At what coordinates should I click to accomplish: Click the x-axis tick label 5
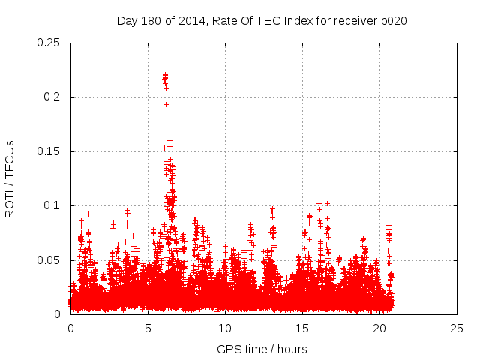[x=148, y=328]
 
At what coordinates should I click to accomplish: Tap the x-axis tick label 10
[x=225, y=328]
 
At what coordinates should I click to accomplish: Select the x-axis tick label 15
[x=302, y=328]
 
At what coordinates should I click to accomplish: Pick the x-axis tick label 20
[x=379, y=328]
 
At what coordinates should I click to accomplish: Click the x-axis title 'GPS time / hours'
[x=262, y=349]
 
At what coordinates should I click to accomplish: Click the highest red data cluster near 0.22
[x=165, y=77]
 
